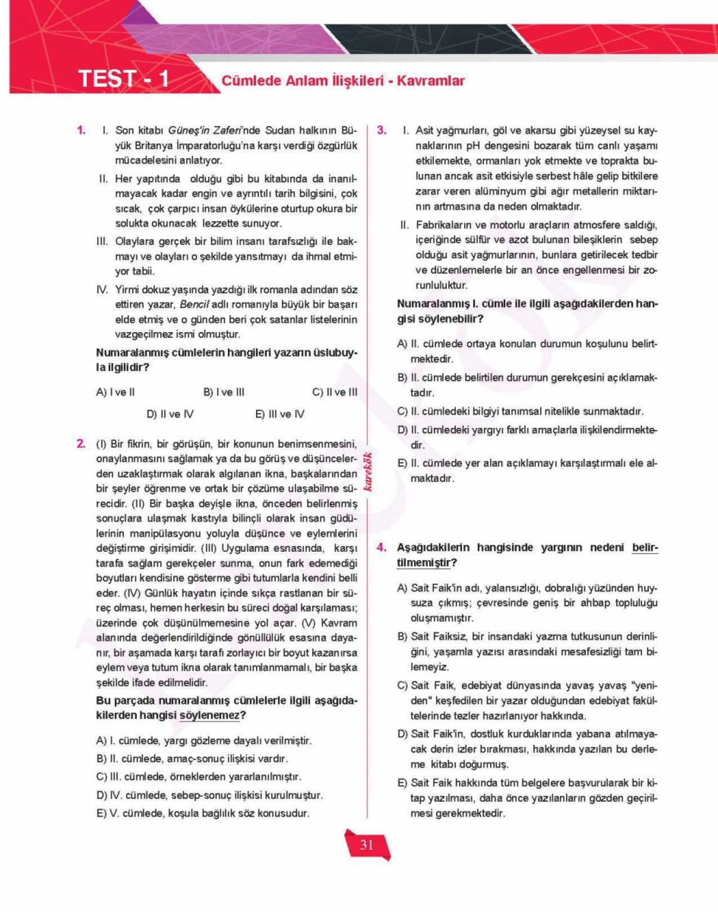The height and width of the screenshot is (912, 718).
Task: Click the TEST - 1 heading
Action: click(x=123, y=79)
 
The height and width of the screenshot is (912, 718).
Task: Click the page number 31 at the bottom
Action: click(x=367, y=844)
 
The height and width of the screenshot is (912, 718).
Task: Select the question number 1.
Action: click(x=81, y=130)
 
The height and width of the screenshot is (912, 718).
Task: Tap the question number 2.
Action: click(x=81, y=443)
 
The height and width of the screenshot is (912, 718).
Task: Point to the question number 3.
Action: click(x=382, y=130)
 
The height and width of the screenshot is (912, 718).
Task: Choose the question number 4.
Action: click(x=382, y=548)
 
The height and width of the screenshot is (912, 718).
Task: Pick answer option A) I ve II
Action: click(x=115, y=393)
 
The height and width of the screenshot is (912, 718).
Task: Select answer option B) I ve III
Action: click(x=224, y=393)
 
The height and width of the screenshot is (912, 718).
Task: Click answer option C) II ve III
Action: click(x=334, y=393)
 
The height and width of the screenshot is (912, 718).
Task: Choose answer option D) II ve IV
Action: click(x=170, y=414)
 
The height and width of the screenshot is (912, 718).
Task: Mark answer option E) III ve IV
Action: click(x=279, y=414)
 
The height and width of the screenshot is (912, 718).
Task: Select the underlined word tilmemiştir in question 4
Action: click(x=424, y=563)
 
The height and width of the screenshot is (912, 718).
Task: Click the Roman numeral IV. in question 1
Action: click(x=102, y=290)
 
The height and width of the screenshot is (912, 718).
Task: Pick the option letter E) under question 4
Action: click(x=402, y=783)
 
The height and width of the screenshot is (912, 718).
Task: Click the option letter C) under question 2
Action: click(x=101, y=777)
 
